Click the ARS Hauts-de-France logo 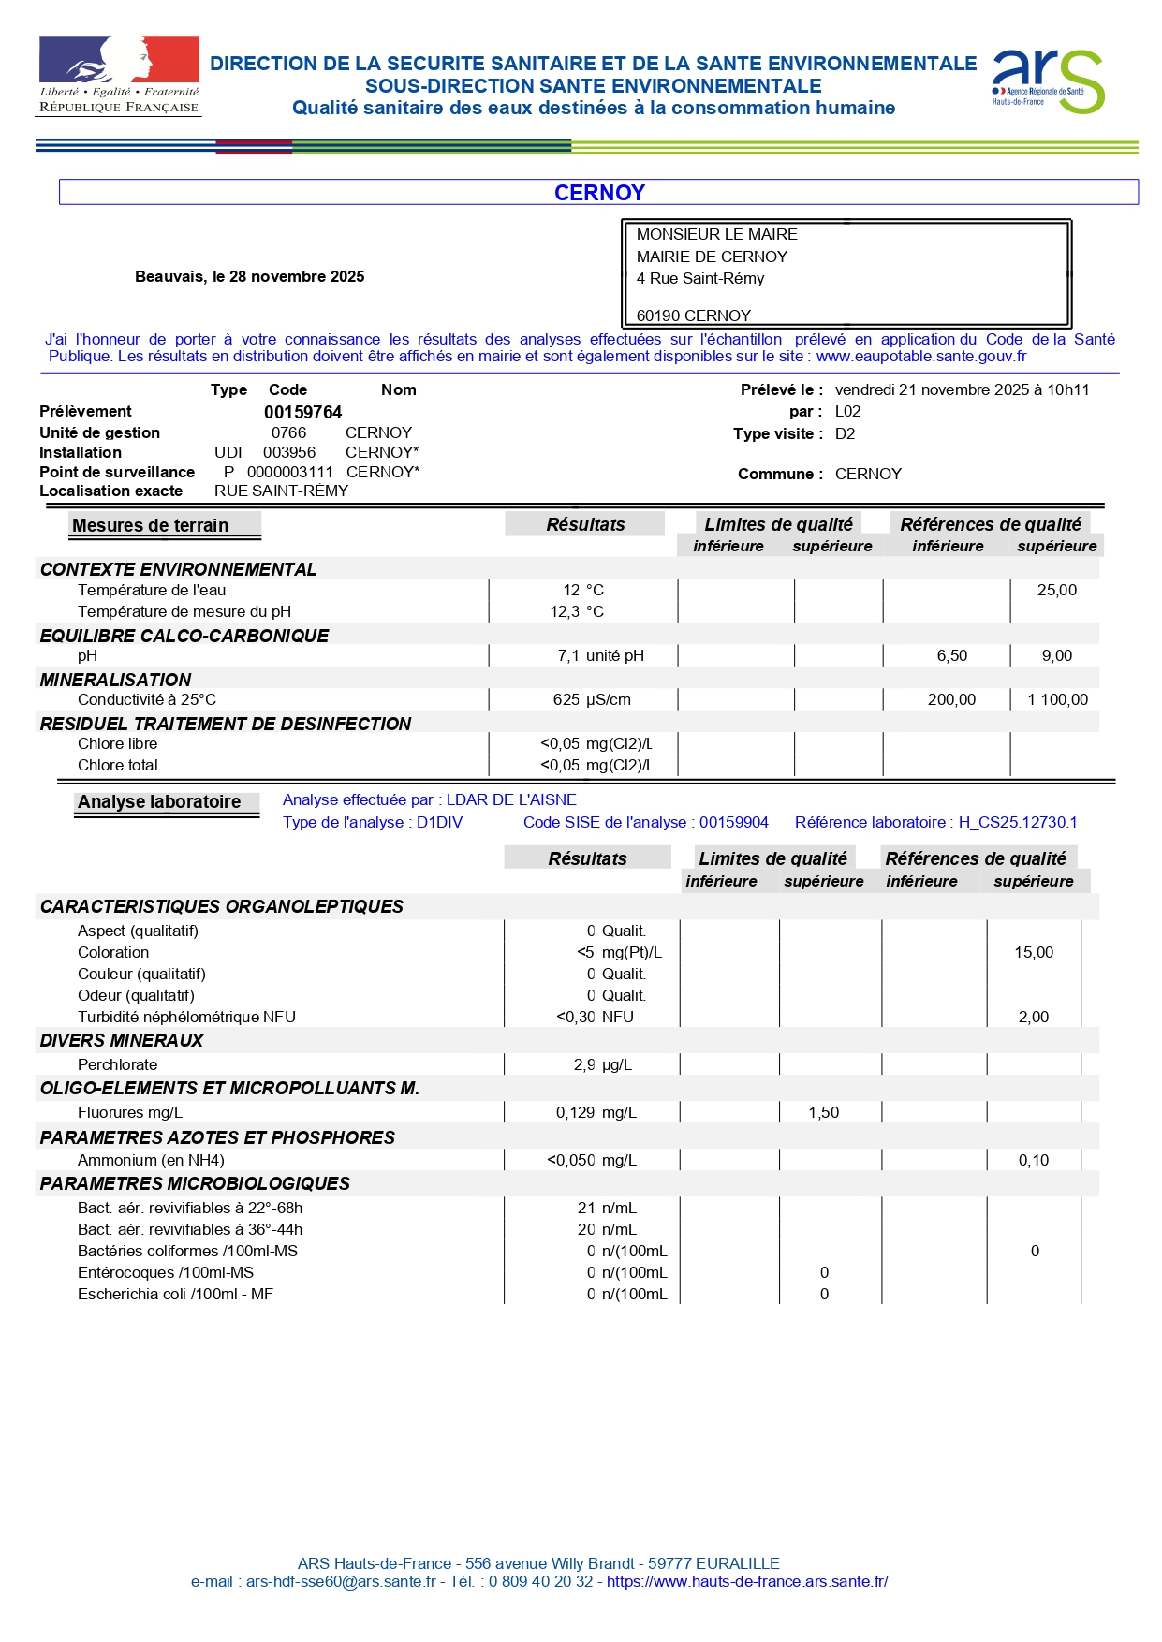point(1048,81)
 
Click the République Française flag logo point(119,75)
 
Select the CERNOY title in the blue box point(599,193)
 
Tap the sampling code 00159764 point(302,413)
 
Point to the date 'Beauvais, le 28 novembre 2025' point(249,277)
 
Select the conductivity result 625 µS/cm point(592,700)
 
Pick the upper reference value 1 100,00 point(1057,700)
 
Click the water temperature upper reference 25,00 point(1056,591)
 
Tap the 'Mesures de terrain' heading point(151,526)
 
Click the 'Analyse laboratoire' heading point(159,802)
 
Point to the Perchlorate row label point(118,1065)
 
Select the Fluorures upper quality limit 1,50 point(824,1113)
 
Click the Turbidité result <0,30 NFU point(595,1018)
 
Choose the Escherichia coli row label point(175,1295)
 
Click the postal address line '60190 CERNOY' point(694,316)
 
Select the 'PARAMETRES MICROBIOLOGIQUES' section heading point(195,1184)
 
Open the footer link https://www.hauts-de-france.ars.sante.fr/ point(747,1582)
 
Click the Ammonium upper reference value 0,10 point(1034,1161)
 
